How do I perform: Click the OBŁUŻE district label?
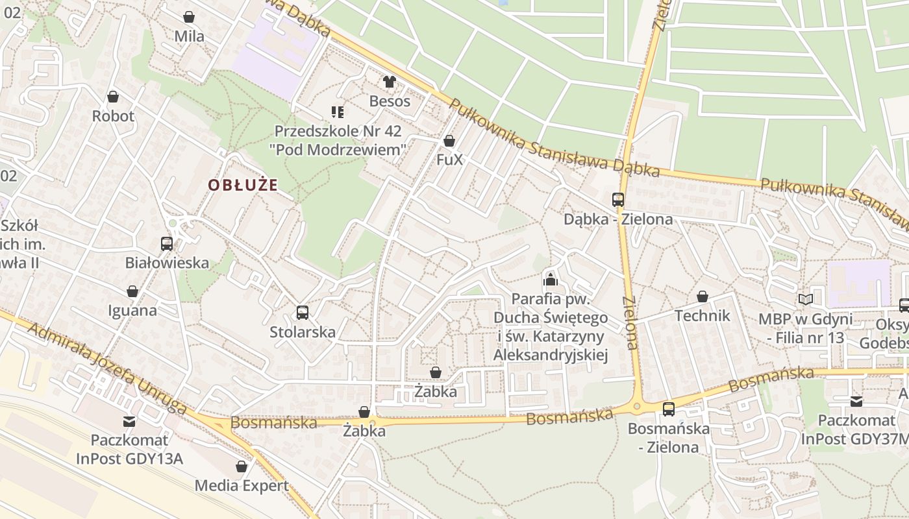[243, 185]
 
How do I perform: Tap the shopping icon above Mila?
[189, 17]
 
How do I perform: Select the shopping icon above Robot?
[113, 97]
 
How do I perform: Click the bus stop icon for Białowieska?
[167, 244]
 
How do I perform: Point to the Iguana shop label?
[132, 310]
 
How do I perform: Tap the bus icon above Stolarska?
[303, 313]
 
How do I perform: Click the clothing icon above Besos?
[390, 82]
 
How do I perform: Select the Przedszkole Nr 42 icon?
[337, 112]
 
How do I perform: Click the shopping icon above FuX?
[449, 141]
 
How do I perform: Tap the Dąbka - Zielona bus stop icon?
[617, 200]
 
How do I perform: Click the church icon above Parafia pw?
[551, 280]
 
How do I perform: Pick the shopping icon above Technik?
[703, 297]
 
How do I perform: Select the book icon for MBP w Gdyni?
[806, 300]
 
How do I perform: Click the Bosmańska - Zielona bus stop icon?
[669, 409]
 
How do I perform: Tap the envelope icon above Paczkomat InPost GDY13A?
[129, 422]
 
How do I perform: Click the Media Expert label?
[242, 485]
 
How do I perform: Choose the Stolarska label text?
[303, 332]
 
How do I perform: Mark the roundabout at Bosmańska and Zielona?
[637, 407]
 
